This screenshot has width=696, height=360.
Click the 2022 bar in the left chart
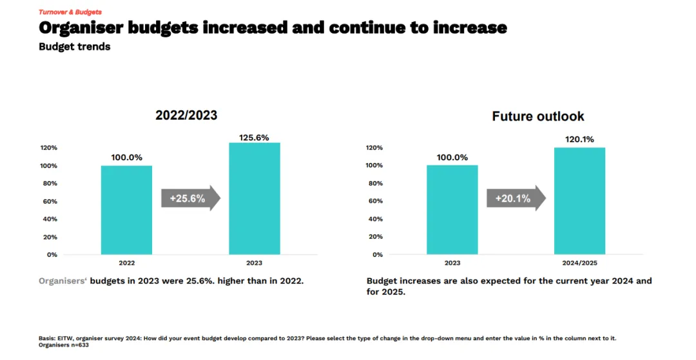pyautogui.click(x=126, y=210)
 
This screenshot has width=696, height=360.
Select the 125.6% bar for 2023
pyautogui.click(x=255, y=198)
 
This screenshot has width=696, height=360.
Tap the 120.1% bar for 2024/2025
pyautogui.click(x=579, y=201)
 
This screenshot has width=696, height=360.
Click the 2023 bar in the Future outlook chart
pyautogui.click(x=452, y=210)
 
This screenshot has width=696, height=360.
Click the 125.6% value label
pyautogui.click(x=253, y=137)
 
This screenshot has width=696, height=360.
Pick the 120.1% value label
pyautogui.click(x=579, y=139)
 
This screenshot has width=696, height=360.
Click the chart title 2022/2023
pyautogui.click(x=186, y=116)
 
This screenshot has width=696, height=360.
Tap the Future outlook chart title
pyautogui.click(x=538, y=117)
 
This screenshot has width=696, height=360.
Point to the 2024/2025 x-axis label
pyautogui.click(x=579, y=263)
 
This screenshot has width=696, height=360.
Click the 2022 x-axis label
pyautogui.click(x=127, y=263)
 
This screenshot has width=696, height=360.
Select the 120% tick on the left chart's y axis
pyautogui.click(x=49, y=148)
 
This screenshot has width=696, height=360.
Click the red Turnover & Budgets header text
pyautogui.click(x=70, y=12)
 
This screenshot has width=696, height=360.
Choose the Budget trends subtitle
pyautogui.click(x=75, y=47)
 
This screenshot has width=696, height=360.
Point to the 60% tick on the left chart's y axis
pyautogui.click(x=51, y=202)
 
